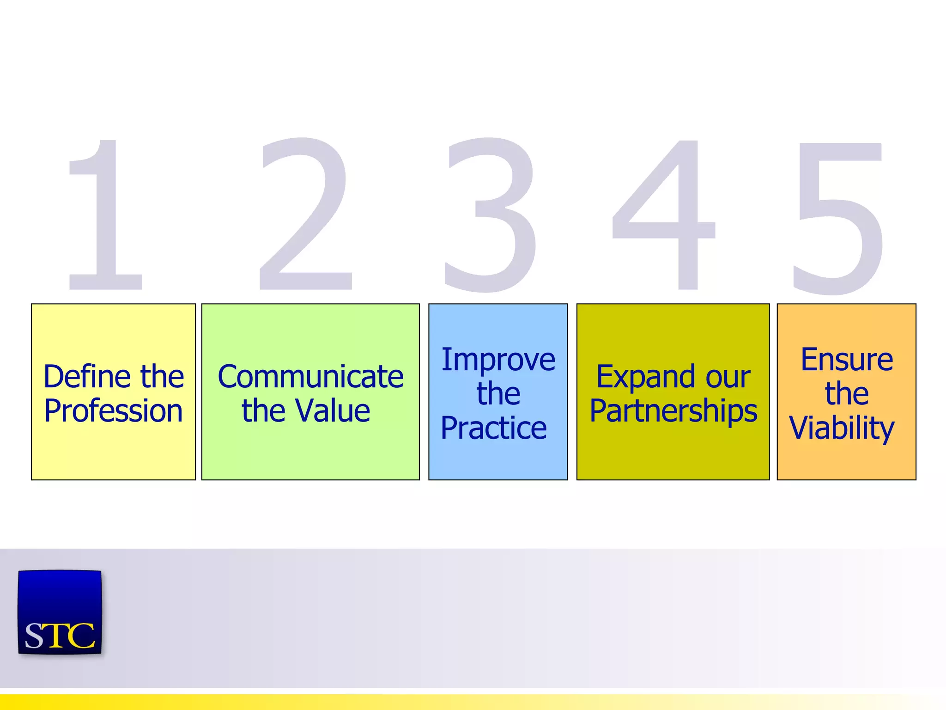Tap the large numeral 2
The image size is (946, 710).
click(305, 215)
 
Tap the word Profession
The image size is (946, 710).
click(114, 410)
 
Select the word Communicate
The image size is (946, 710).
click(310, 376)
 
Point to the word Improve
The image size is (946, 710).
click(498, 360)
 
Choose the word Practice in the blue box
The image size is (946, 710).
click(494, 428)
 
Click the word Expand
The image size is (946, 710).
click(645, 377)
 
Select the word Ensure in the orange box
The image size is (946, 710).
click(847, 360)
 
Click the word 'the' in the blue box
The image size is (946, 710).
click(498, 394)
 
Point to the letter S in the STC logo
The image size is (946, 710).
click(35, 637)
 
